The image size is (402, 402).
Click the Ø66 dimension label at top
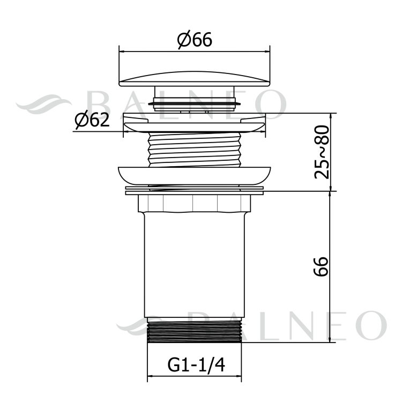click(x=195, y=40)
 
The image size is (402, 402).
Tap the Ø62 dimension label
click(x=92, y=120)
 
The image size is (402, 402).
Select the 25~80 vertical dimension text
click(x=322, y=152)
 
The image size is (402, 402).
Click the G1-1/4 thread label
click(x=196, y=365)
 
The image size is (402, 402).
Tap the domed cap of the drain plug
click(x=195, y=79)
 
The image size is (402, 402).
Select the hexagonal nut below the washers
click(x=195, y=204)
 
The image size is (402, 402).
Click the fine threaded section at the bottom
click(x=195, y=331)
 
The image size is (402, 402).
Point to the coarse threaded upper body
click(x=195, y=150)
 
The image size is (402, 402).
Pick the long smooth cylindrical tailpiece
click(x=195, y=265)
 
